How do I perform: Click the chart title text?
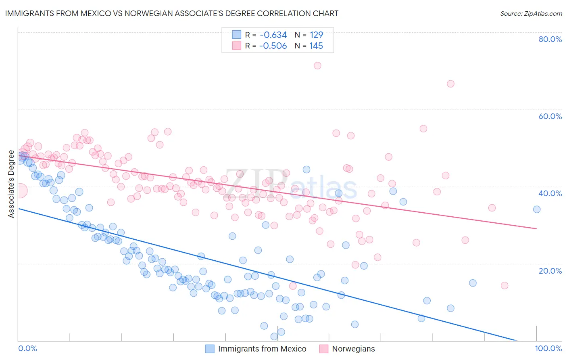[x=172, y=13]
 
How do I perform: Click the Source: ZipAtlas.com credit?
[x=531, y=13]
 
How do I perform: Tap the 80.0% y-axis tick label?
[x=550, y=39]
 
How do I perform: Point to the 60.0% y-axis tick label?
[x=550, y=116]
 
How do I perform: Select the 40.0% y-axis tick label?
[x=550, y=193]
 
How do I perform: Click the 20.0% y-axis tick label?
[x=550, y=270]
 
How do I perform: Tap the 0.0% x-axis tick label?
[x=27, y=348]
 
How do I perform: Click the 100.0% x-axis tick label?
[x=548, y=348]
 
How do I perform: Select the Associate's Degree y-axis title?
[x=11, y=184]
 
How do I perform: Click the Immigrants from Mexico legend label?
[x=262, y=349]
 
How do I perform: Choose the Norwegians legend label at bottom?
[x=353, y=349]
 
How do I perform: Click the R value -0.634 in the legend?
[x=273, y=35]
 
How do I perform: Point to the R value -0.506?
[x=273, y=46]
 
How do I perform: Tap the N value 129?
[x=316, y=35]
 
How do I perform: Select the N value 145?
[x=316, y=46]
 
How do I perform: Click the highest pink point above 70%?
[x=317, y=65]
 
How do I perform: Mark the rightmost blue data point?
[x=537, y=209]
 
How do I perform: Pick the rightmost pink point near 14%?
[x=504, y=285]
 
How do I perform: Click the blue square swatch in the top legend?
[x=236, y=35]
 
